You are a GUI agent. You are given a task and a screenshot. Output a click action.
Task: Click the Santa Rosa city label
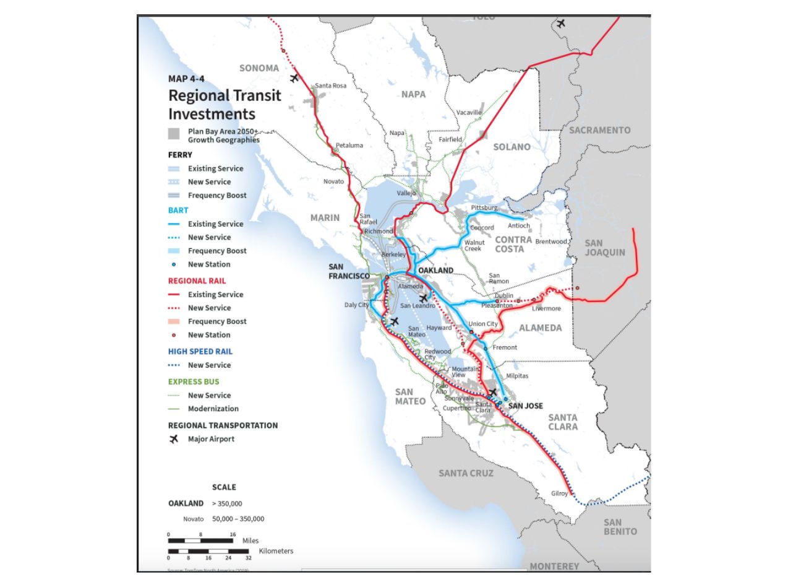[x=331, y=85]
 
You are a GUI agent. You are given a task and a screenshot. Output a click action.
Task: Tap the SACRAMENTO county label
[x=599, y=130]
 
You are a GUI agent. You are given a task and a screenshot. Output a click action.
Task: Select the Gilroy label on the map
[x=559, y=494]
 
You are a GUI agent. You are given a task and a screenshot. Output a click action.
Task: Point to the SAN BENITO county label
[x=620, y=527]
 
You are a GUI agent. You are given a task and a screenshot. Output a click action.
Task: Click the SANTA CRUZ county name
[x=466, y=473]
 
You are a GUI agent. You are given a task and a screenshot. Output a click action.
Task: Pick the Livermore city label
[x=546, y=308]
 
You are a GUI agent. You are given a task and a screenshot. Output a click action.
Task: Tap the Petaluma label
[x=349, y=146]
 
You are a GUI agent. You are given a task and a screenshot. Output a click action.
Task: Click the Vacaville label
[x=468, y=112]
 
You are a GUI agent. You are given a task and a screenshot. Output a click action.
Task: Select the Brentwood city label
[x=551, y=241]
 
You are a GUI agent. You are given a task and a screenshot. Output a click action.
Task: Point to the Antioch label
[x=519, y=226]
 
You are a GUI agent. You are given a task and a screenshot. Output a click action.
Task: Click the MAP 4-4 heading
[x=186, y=79]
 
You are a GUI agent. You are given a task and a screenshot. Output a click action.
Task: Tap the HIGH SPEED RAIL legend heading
[x=200, y=351]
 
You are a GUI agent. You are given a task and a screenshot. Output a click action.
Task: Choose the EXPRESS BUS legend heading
[x=194, y=381]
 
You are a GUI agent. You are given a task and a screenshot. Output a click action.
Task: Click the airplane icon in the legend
[x=174, y=439]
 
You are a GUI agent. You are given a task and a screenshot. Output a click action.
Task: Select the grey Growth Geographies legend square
[x=174, y=133]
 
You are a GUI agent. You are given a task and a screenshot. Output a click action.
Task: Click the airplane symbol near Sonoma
[x=294, y=78]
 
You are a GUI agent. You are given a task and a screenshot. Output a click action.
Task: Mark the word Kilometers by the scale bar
[x=276, y=550]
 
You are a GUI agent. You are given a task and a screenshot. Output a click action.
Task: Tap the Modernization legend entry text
[x=213, y=409]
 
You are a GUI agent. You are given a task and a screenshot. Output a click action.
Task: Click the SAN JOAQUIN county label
[x=605, y=247]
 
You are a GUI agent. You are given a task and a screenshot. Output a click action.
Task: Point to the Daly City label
[x=356, y=305]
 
